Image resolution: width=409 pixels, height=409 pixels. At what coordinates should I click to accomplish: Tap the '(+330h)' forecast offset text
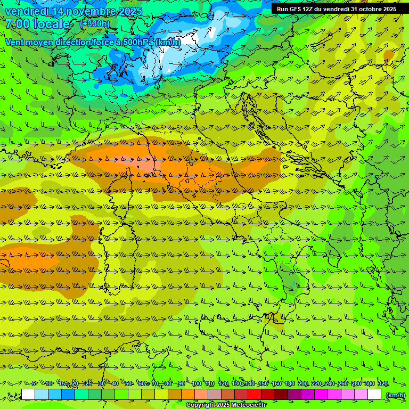pos(94,24)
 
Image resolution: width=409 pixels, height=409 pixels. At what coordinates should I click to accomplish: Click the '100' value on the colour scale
pos(197,383)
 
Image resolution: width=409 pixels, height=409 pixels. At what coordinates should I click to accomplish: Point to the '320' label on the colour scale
pos(383,383)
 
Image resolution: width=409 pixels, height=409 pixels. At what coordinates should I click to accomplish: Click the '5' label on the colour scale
pos(34,383)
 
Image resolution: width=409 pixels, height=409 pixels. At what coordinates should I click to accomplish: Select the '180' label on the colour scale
pos(290,383)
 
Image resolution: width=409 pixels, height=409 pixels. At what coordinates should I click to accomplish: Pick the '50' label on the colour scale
pos(128,383)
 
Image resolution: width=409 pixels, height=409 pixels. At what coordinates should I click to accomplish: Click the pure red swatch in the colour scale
pos(255,395)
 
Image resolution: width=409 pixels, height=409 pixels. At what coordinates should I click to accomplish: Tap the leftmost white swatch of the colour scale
pos(28,395)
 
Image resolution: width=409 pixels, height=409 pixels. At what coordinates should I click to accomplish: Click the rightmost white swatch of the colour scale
pos(374,395)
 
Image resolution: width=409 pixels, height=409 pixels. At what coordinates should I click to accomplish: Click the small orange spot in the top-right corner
pos(389,54)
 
